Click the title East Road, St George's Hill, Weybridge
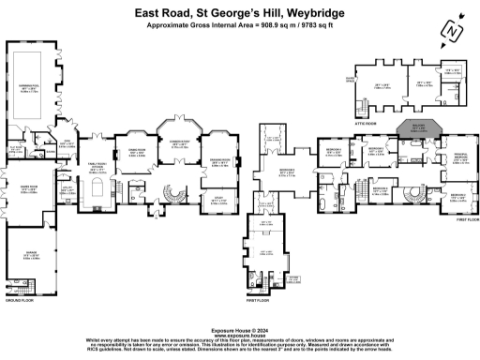coord(239,11)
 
